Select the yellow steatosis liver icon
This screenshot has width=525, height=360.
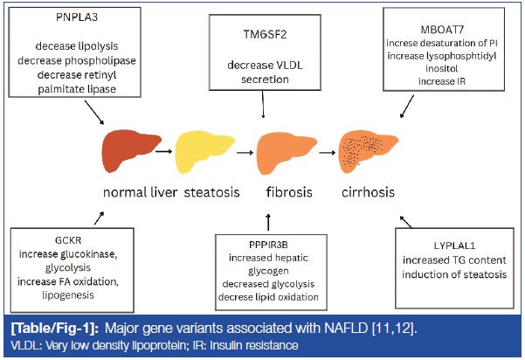coord(203,150)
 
